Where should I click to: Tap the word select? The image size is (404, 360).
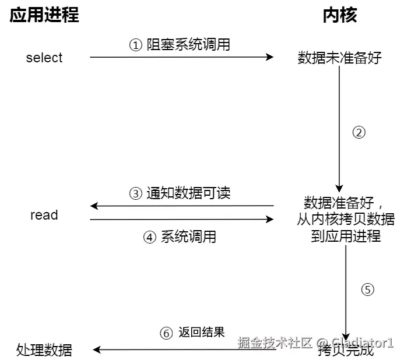pos(44,58)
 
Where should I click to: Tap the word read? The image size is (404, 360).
pos(44,215)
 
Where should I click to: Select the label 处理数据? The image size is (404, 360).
pos(44,350)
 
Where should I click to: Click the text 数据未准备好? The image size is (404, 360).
pos(339,58)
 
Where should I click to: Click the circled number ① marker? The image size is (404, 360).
pos(135,45)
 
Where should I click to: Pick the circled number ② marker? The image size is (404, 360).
pos(359,132)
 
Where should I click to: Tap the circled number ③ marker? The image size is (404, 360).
pos(135,193)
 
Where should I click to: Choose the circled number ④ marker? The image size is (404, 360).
pos(150,237)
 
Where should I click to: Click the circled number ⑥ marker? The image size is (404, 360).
pos(166,333)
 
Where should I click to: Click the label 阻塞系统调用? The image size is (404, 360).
pos(188,45)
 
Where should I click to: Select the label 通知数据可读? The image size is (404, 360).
pos(188,193)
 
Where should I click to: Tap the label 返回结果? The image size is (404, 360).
pos(202,333)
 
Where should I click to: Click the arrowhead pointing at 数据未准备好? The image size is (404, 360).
pos(270,57)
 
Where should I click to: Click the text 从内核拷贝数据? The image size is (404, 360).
pos(346,220)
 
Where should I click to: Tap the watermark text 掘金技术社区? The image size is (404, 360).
pos(276,342)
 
